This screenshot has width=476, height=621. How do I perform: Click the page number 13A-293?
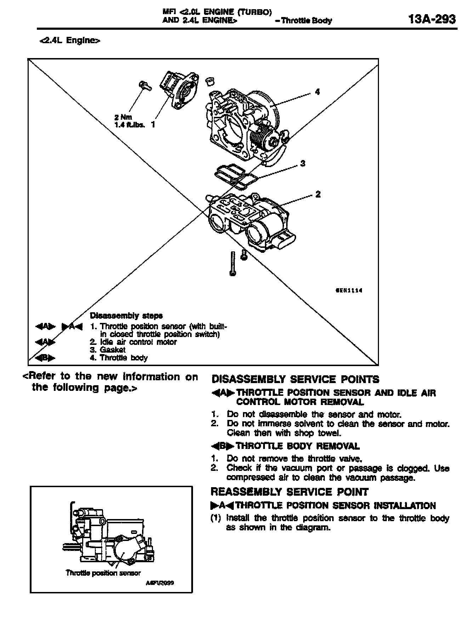click(431, 19)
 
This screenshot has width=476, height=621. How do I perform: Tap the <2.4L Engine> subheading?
click(70, 41)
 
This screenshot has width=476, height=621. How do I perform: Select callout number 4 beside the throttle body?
click(317, 92)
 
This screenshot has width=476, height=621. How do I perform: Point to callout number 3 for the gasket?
click(302, 163)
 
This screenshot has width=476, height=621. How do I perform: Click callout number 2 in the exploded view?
click(318, 194)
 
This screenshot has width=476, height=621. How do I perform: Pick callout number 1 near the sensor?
click(153, 124)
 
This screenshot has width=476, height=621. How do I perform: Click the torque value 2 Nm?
click(123, 117)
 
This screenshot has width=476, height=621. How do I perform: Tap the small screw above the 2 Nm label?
click(144, 85)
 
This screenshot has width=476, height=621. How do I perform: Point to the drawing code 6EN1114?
click(349, 291)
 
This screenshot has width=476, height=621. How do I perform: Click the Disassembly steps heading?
click(126, 315)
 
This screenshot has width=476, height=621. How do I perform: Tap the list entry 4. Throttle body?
click(119, 358)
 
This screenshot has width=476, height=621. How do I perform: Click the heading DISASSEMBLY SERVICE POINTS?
click(295, 380)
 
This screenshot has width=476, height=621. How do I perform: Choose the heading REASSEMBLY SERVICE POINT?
click(289, 492)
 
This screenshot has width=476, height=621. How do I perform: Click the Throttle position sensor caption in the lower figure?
click(103, 573)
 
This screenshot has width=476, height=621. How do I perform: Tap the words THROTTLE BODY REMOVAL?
click(297, 446)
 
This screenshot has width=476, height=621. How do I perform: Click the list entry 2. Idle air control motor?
click(133, 342)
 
